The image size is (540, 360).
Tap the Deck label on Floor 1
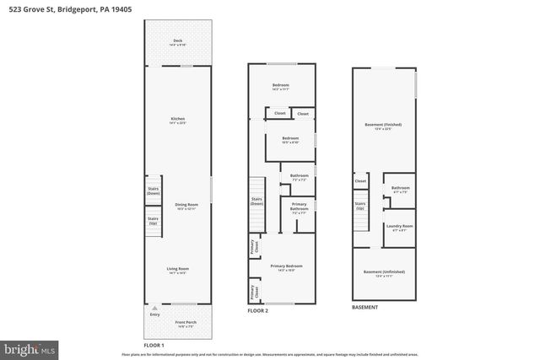tap(177, 42)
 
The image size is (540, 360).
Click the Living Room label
tap(177, 271)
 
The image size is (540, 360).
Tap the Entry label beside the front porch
tap(154, 314)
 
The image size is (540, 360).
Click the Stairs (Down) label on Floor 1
tap(153, 191)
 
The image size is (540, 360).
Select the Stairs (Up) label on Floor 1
tap(153, 221)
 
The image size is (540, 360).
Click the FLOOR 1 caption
tap(154, 346)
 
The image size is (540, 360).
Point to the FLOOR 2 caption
tap(257, 311)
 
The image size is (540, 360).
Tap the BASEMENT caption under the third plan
tap(365, 307)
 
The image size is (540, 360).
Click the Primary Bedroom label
tap(286, 267)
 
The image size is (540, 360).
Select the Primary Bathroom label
tap(299, 207)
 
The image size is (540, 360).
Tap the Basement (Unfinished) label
tap(384, 273)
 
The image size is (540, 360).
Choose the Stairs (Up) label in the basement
tap(360, 205)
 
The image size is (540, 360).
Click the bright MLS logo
tap(30, 347)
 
